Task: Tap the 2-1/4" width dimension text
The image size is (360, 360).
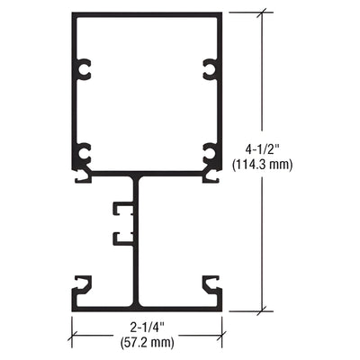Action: pyautogui.click(x=148, y=328)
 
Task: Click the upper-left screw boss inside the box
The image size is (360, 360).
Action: pyautogui.click(x=84, y=68)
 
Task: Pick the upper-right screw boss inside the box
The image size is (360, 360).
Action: pyautogui.click(x=211, y=68)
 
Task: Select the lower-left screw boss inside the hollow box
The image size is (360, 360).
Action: pyautogui.click(x=84, y=153)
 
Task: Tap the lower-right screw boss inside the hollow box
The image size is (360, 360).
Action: pyautogui.click(x=211, y=153)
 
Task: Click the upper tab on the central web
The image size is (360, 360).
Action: pyautogui.click(x=121, y=211)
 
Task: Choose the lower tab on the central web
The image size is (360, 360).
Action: pyautogui.click(x=121, y=238)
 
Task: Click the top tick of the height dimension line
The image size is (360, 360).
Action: pyautogui.click(x=263, y=13)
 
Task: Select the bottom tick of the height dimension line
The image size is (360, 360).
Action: pyautogui.click(x=263, y=311)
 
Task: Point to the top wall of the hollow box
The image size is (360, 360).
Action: pyautogui.click(x=148, y=15)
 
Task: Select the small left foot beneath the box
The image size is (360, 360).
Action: pyautogui.click(x=82, y=177)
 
